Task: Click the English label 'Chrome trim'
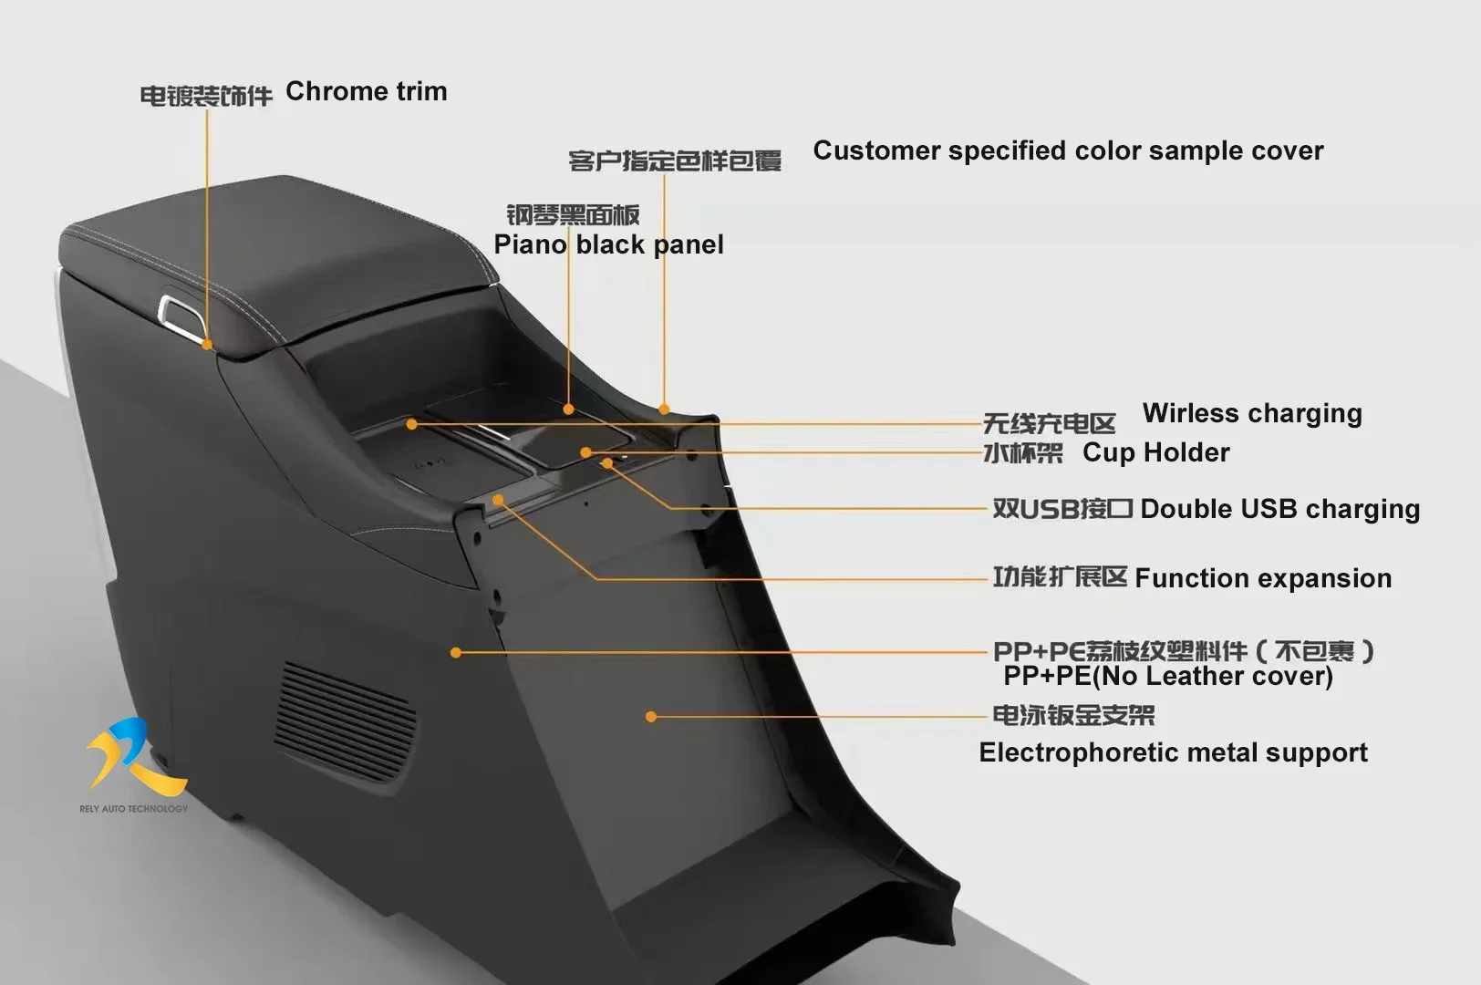(366, 91)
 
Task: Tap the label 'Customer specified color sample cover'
(1068, 150)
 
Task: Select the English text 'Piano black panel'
(608, 244)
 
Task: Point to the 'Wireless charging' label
(1252, 413)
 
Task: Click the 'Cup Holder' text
(1155, 452)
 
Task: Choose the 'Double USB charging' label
(1279, 509)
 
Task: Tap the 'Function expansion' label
(1263, 578)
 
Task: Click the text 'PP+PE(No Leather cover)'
(1167, 676)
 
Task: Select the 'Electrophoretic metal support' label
(1173, 752)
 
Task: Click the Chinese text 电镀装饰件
(206, 96)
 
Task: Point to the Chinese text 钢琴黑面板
(573, 215)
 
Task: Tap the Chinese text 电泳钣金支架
(1073, 715)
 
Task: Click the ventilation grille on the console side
(345, 721)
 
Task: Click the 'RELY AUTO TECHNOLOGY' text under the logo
(133, 809)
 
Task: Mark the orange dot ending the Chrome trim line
(207, 345)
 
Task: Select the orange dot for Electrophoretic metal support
(651, 717)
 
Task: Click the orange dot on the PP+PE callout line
(456, 652)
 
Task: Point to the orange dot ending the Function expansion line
(498, 500)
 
